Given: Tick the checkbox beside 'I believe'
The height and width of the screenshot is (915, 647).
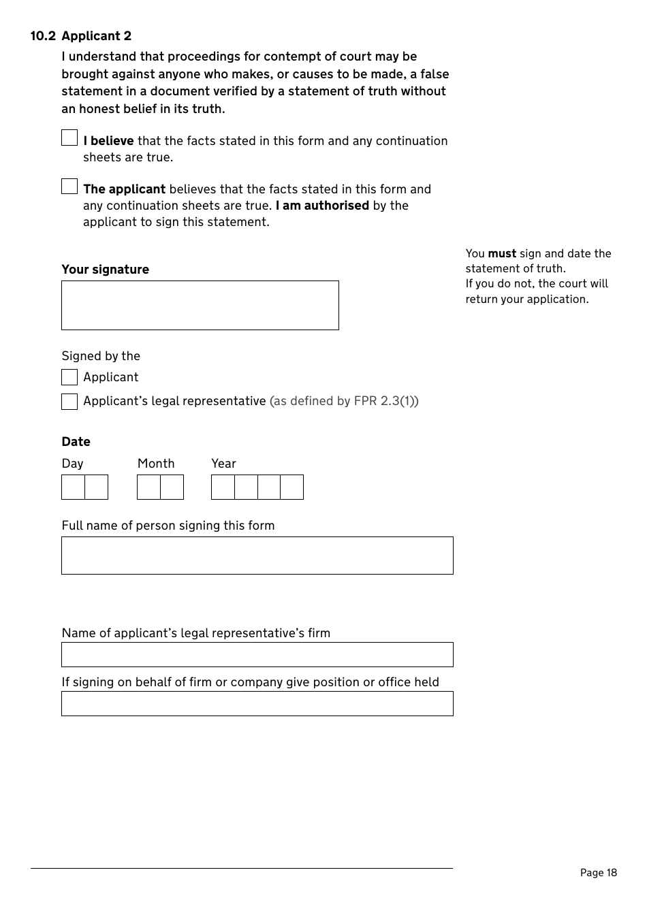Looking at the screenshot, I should (69, 138).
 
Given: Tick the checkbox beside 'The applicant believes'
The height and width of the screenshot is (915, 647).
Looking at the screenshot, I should (69, 187).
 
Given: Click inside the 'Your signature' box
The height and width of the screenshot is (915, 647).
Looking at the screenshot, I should (200, 305).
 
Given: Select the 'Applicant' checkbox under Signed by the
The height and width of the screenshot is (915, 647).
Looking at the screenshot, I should (69, 377).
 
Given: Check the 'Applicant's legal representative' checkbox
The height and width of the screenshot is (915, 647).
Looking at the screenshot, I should (69, 402).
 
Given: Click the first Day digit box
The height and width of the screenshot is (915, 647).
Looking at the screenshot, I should (74, 487).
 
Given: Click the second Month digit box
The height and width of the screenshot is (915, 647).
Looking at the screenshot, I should (172, 487).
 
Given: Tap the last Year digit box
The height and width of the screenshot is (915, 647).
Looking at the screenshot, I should (291, 487).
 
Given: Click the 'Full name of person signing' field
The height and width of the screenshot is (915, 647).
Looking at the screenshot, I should (257, 556).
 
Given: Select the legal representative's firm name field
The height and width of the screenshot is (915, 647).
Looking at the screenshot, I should (257, 654).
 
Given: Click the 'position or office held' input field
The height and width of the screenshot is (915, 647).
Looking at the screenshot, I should (257, 703).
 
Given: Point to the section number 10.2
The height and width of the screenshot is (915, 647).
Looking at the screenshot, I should (43, 36).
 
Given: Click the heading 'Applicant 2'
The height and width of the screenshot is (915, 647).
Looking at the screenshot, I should (96, 36).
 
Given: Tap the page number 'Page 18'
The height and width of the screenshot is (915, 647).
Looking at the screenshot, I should (598, 873).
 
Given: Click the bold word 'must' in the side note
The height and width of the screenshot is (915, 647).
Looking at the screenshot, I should (501, 254).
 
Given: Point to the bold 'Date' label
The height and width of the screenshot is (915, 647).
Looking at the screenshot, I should (76, 442).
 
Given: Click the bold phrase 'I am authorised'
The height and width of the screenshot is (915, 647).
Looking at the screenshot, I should (322, 206).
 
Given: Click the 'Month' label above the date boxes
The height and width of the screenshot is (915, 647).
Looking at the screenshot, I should (156, 464).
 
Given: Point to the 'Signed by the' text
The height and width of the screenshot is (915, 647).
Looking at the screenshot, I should (101, 356).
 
